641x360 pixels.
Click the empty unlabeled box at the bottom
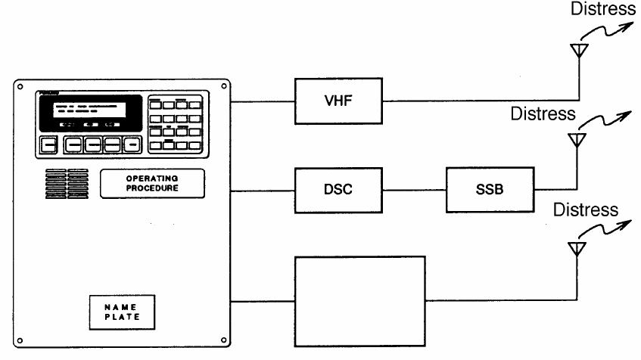[x=359, y=300]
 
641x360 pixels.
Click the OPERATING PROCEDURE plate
[x=142, y=183]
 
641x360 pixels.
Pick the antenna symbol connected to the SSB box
[x=577, y=140]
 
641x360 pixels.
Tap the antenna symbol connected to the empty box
[x=577, y=247]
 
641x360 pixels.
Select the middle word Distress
[x=543, y=114]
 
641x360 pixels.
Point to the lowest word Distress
[x=586, y=209]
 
